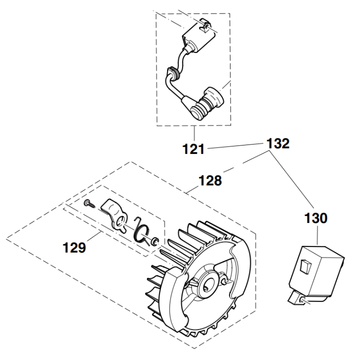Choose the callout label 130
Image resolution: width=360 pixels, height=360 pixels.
coord(316,218)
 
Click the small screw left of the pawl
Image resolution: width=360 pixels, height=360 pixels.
coord(89,203)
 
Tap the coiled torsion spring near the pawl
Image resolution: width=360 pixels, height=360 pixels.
coord(143,230)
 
